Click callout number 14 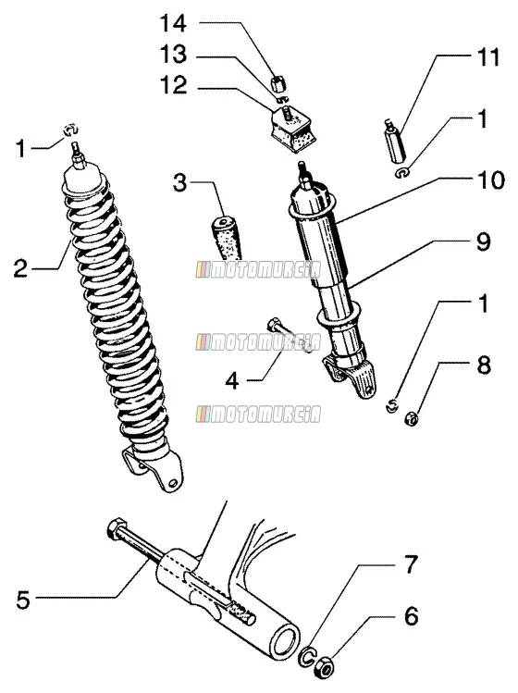point(173,23)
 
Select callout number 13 point(173,55)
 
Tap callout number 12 point(174,85)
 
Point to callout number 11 point(487,57)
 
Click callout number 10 point(490,180)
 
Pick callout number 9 point(483,241)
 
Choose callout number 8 point(484,366)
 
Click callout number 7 point(411,564)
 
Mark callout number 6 point(412,616)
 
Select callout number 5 point(23,600)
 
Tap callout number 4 point(232,380)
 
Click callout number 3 point(179,182)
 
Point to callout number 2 point(20,268)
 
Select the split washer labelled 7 point(307,655)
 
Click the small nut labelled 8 point(411,418)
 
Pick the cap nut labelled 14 point(278,83)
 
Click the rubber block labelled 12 point(292,128)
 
